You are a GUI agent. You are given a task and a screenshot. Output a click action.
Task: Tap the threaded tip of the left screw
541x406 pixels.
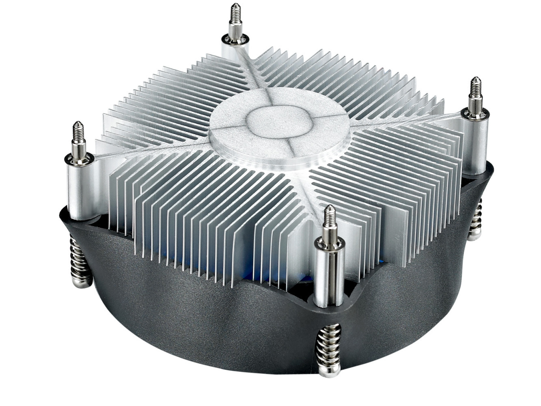(x=78, y=132)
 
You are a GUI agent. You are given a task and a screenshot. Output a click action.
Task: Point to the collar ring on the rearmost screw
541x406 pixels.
(x=235, y=39)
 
